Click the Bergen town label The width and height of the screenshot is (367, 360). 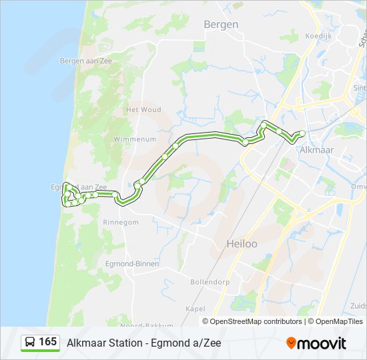pos(220,25)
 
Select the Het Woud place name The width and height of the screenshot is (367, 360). pos(143,109)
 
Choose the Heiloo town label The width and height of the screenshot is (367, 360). pos(242,244)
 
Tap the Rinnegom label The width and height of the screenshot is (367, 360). pos(121,222)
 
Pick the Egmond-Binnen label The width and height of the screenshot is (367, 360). pos(132,264)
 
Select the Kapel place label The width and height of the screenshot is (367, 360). pos(195,309)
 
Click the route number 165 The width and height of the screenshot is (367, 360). pos(47,342)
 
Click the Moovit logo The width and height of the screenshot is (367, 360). pos(316,343)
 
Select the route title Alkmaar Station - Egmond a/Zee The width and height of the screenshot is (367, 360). pos(143,343)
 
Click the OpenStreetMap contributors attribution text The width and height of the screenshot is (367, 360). pos(256,321)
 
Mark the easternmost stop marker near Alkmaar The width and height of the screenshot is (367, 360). pos(302,134)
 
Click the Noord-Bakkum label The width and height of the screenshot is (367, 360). pos(141,325)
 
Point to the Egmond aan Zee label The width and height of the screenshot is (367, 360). pos(78,187)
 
